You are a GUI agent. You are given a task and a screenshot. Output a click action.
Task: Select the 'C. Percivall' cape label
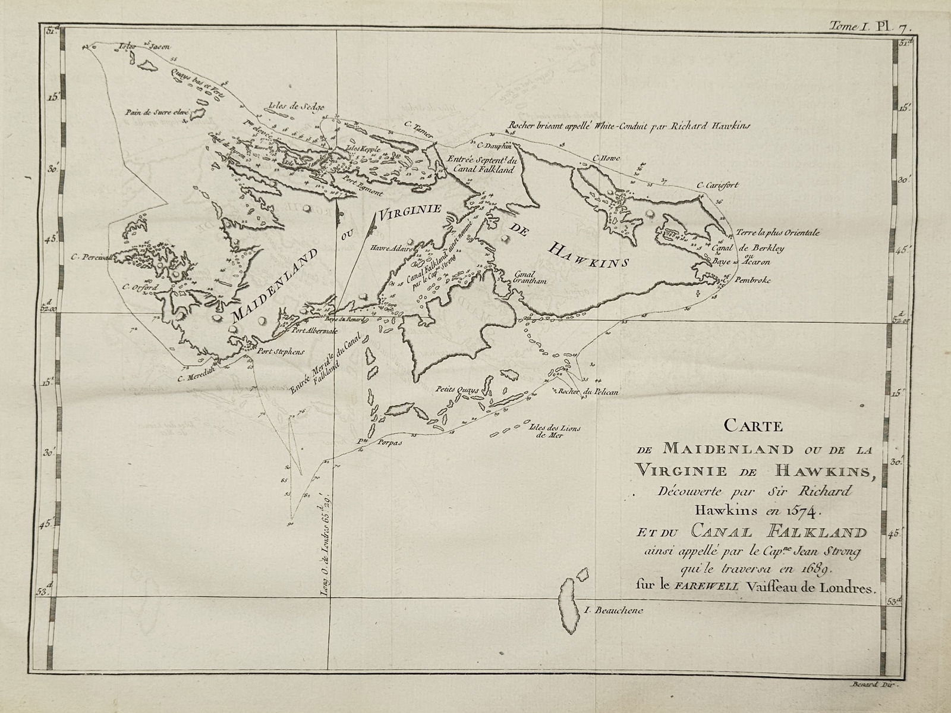92,257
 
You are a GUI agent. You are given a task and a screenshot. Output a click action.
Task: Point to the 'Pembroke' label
752,280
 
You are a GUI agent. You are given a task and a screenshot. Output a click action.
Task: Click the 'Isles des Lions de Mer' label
547,431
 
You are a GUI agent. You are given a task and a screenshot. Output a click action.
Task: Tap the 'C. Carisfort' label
718,185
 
